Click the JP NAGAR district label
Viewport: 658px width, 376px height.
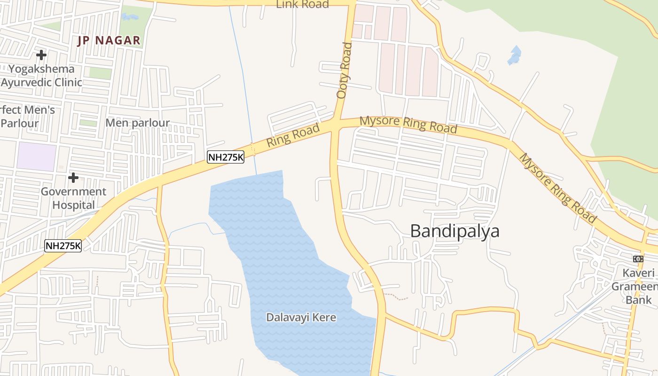109,40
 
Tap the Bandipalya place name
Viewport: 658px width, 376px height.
454,231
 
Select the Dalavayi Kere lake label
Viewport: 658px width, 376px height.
301,317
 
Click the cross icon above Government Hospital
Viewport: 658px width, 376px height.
73,178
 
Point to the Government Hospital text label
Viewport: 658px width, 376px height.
73,198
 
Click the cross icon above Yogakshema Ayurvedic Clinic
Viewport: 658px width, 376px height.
41,55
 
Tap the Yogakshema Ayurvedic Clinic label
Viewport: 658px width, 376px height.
41,76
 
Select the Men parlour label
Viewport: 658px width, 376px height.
137,123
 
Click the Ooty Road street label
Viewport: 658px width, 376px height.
344,70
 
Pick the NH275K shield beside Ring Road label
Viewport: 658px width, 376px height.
226,157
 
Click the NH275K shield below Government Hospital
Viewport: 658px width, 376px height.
63,245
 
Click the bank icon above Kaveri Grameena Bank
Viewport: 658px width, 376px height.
638,259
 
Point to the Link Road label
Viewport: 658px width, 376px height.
302,5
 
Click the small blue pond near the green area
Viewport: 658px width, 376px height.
515,55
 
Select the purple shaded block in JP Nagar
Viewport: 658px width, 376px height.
37,157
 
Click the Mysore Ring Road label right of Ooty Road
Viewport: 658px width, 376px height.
408,125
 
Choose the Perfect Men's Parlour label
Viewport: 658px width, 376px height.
27,117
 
